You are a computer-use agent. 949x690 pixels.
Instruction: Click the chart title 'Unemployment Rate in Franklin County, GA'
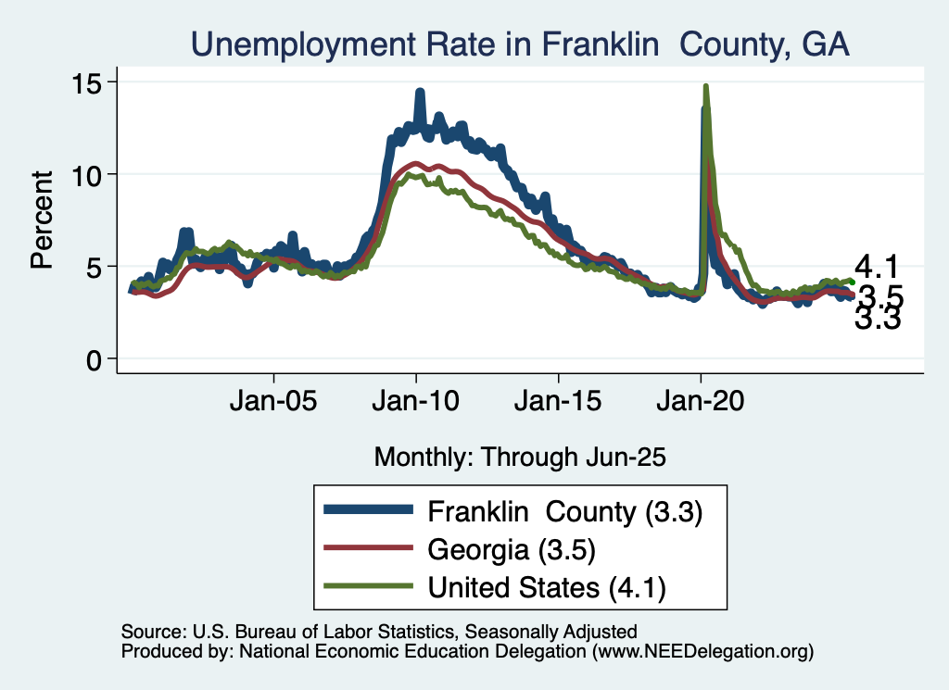pos(520,44)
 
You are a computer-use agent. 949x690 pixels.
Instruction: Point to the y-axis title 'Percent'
pos(41,220)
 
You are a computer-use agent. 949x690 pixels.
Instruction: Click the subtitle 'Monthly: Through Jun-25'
pos(520,457)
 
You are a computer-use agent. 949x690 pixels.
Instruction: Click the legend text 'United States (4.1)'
pos(547,586)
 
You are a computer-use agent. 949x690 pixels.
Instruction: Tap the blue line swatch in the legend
pos(366,510)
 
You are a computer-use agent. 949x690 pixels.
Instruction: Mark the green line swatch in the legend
pos(366,586)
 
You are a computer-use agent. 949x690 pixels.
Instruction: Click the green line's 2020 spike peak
pos(706,86)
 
